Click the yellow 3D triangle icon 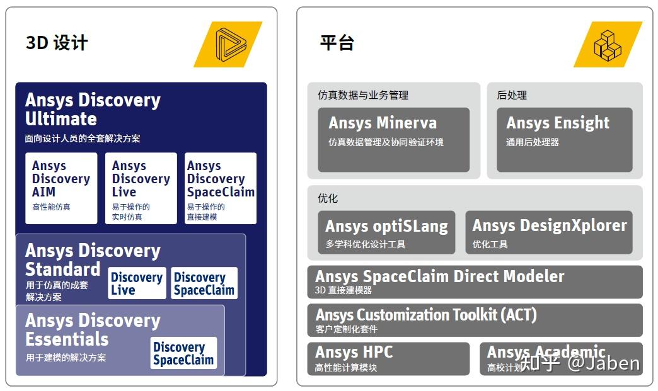228,44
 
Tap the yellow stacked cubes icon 608,44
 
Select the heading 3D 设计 57,43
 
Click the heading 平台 337,43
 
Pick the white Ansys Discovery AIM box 61,188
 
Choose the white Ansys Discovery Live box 141,188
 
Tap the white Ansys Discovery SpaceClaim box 221,188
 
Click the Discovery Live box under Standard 136,283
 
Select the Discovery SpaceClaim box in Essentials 183,353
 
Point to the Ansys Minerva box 393,139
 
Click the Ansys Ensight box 564,139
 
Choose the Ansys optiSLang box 386,232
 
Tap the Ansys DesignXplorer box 549,232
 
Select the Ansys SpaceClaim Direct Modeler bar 475,282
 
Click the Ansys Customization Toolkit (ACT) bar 475,320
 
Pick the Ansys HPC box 388,358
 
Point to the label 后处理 512,95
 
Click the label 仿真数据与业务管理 363,95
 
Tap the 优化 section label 328,198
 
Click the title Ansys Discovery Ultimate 93,110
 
